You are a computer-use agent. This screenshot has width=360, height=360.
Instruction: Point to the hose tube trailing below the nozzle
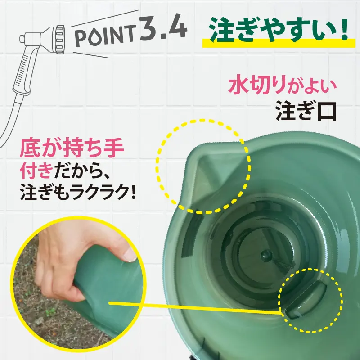tap(11, 117)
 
